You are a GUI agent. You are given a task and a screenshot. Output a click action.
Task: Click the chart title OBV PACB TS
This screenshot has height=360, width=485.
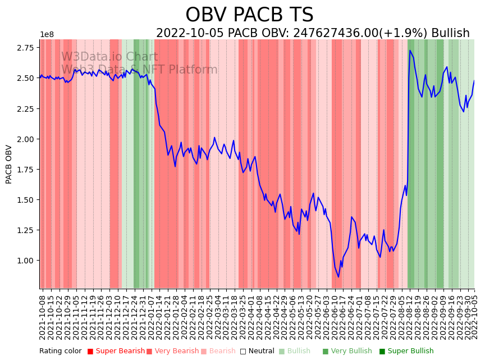pyautogui.click(x=249, y=15)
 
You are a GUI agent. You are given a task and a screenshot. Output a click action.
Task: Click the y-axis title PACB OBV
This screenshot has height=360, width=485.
pyautogui.click(x=9, y=164)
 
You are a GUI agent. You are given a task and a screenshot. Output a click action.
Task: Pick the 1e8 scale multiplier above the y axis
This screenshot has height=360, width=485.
pyautogui.click(x=47, y=35)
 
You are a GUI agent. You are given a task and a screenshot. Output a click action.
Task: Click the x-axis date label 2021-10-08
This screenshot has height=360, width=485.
pyautogui.click(x=42, y=317)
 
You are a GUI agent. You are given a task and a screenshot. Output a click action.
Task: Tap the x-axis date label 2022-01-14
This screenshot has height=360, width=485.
pyautogui.click(x=159, y=317)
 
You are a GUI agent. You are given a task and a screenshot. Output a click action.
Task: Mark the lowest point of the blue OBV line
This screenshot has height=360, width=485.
pyautogui.click(x=338, y=276)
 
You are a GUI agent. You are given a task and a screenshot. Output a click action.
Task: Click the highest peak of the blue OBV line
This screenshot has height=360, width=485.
pyautogui.click(x=410, y=51)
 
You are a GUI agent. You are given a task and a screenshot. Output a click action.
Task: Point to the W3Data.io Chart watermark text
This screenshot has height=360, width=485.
pyautogui.click(x=109, y=57)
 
